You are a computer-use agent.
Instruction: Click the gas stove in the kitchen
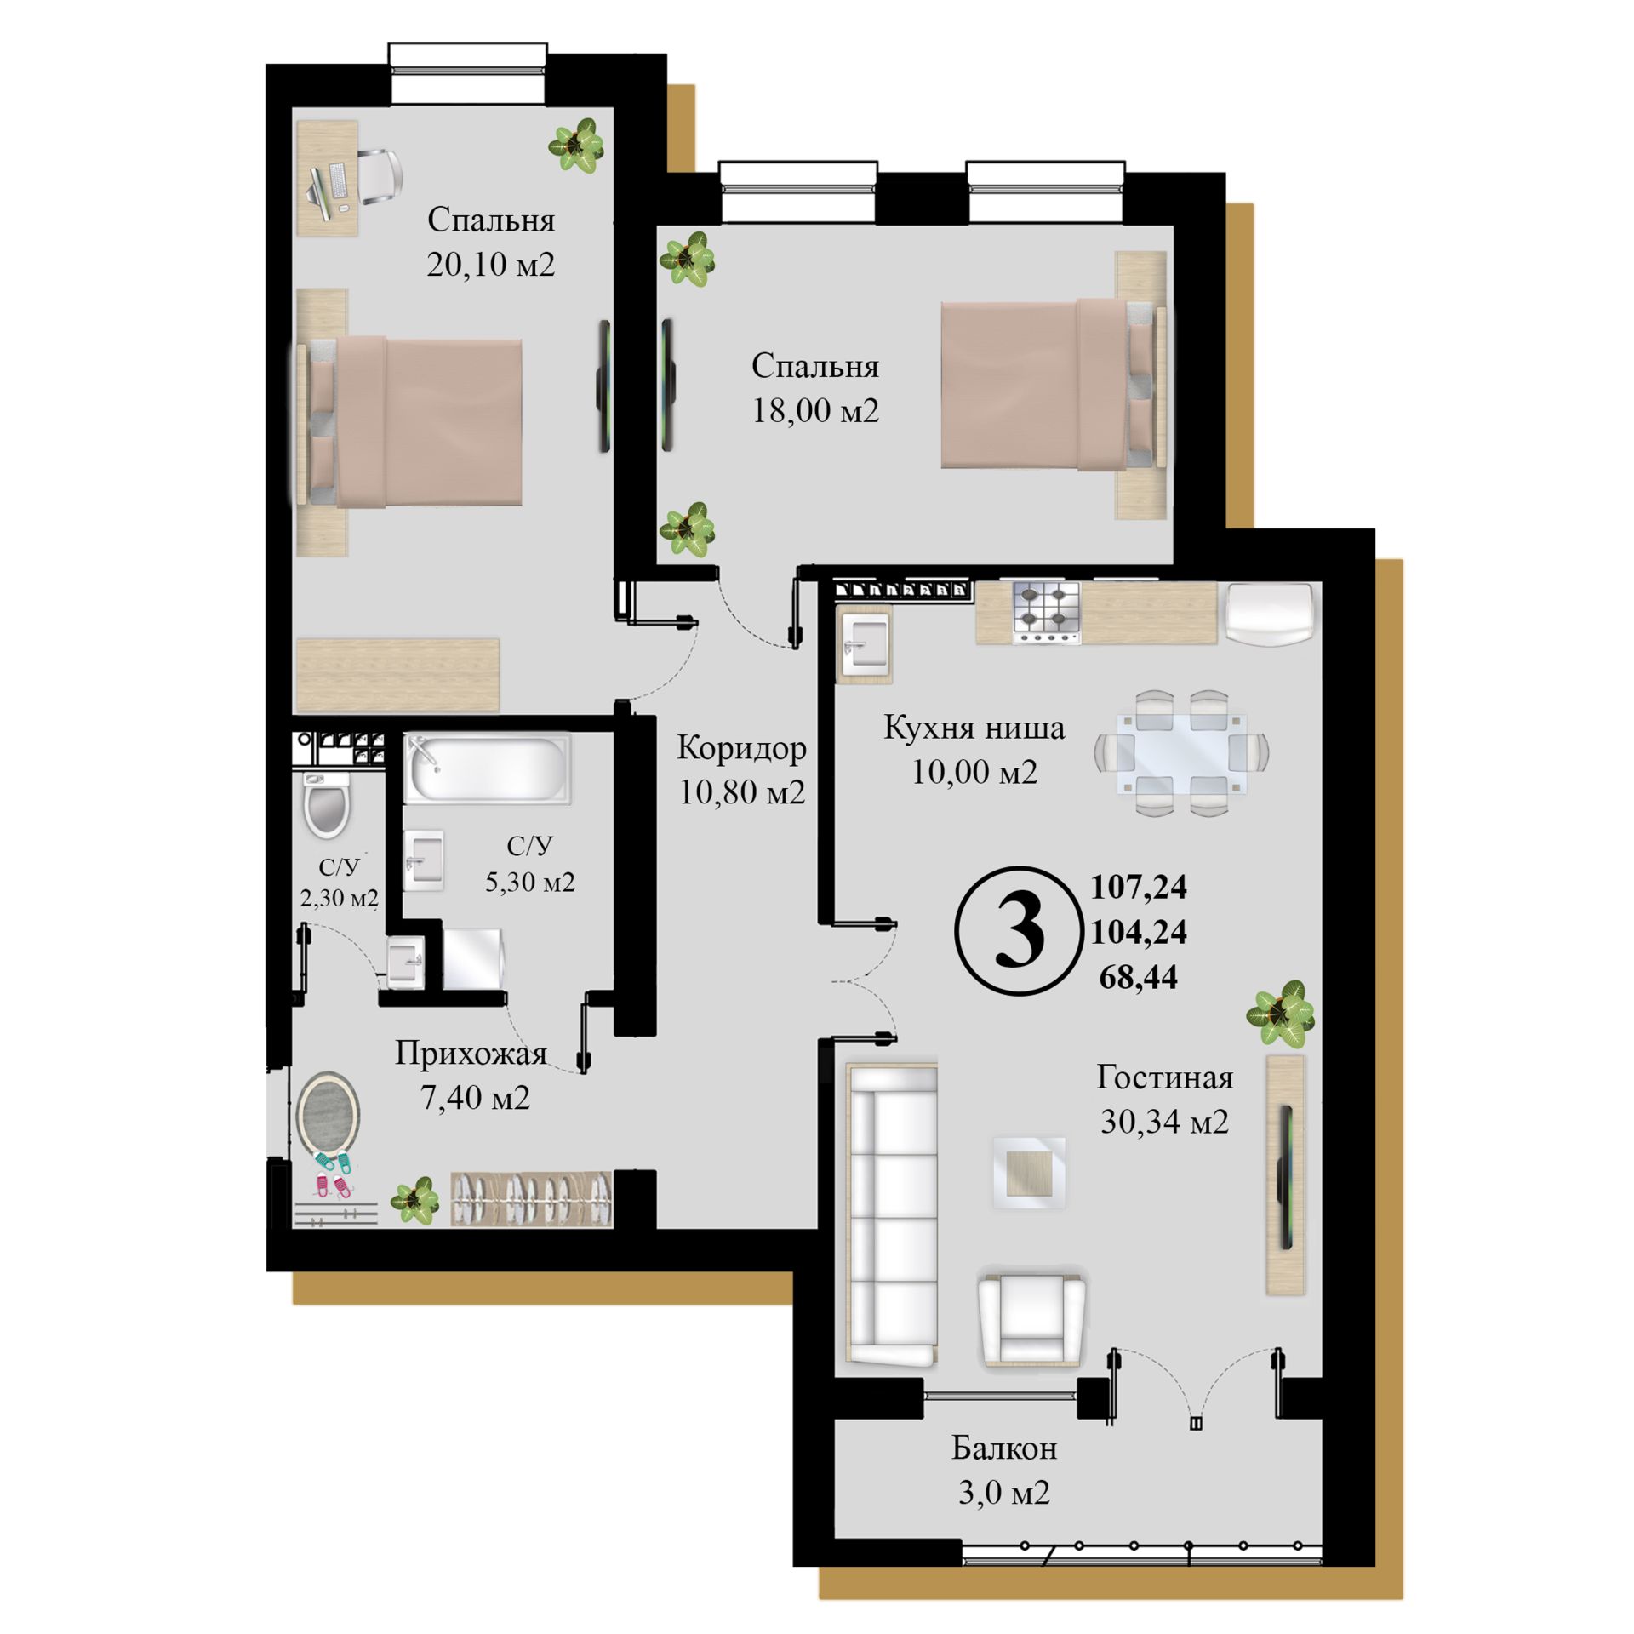(x=1046, y=613)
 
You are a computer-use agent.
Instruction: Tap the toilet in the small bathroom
(x=326, y=805)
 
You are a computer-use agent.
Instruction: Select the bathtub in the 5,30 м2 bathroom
(x=487, y=769)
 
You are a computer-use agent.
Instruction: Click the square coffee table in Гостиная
(x=1029, y=1173)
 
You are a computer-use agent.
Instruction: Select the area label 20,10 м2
(x=491, y=266)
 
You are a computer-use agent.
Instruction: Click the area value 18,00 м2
(x=815, y=411)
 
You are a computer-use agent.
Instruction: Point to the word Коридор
(x=742, y=748)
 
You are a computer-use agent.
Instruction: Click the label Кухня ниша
(x=974, y=728)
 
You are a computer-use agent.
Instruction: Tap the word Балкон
(x=1004, y=1448)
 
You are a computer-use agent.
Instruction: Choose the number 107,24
(x=1139, y=888)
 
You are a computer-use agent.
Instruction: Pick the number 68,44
(x=1139, y=977)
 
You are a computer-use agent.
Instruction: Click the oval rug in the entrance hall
(x=328, y=1114)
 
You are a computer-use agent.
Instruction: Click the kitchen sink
(x=866, y=645)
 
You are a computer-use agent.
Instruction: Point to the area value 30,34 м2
(x=1165, y=1123)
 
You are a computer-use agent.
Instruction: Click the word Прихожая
(x=471, y=1054)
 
